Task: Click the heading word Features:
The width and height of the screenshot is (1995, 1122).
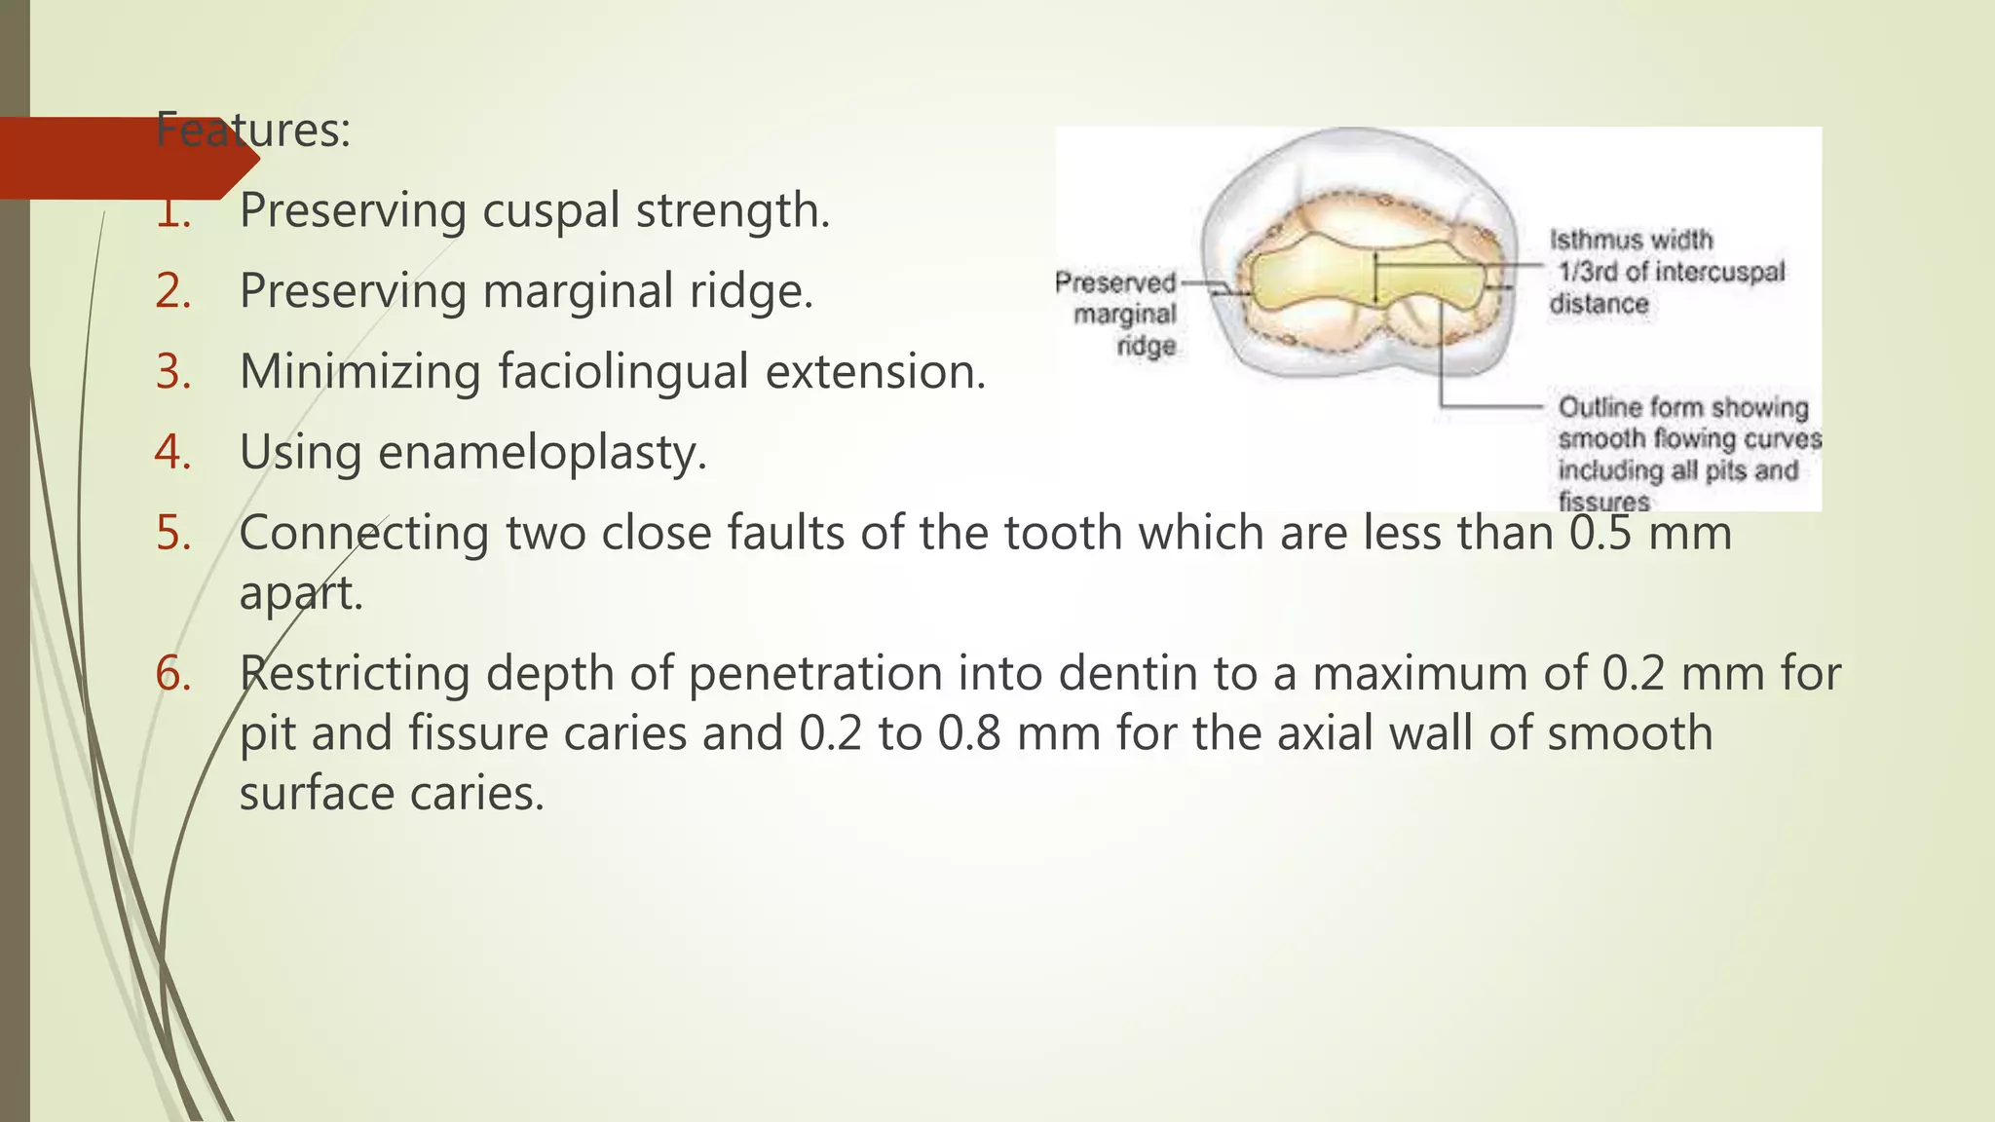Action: (252, 131)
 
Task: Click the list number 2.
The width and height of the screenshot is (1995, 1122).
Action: (173, 290)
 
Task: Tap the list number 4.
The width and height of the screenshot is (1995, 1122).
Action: (173, 452)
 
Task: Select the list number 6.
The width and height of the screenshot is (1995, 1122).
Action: (173, 674)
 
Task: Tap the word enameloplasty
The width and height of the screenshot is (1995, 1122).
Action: (542, 453)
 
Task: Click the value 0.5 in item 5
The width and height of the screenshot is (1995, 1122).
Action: (1600, 533)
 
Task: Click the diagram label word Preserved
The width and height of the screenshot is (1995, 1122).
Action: (1115, 282)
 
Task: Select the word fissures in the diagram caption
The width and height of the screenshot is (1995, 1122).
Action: (1603, 502)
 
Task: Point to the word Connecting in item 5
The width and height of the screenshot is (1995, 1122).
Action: (363, 533)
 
